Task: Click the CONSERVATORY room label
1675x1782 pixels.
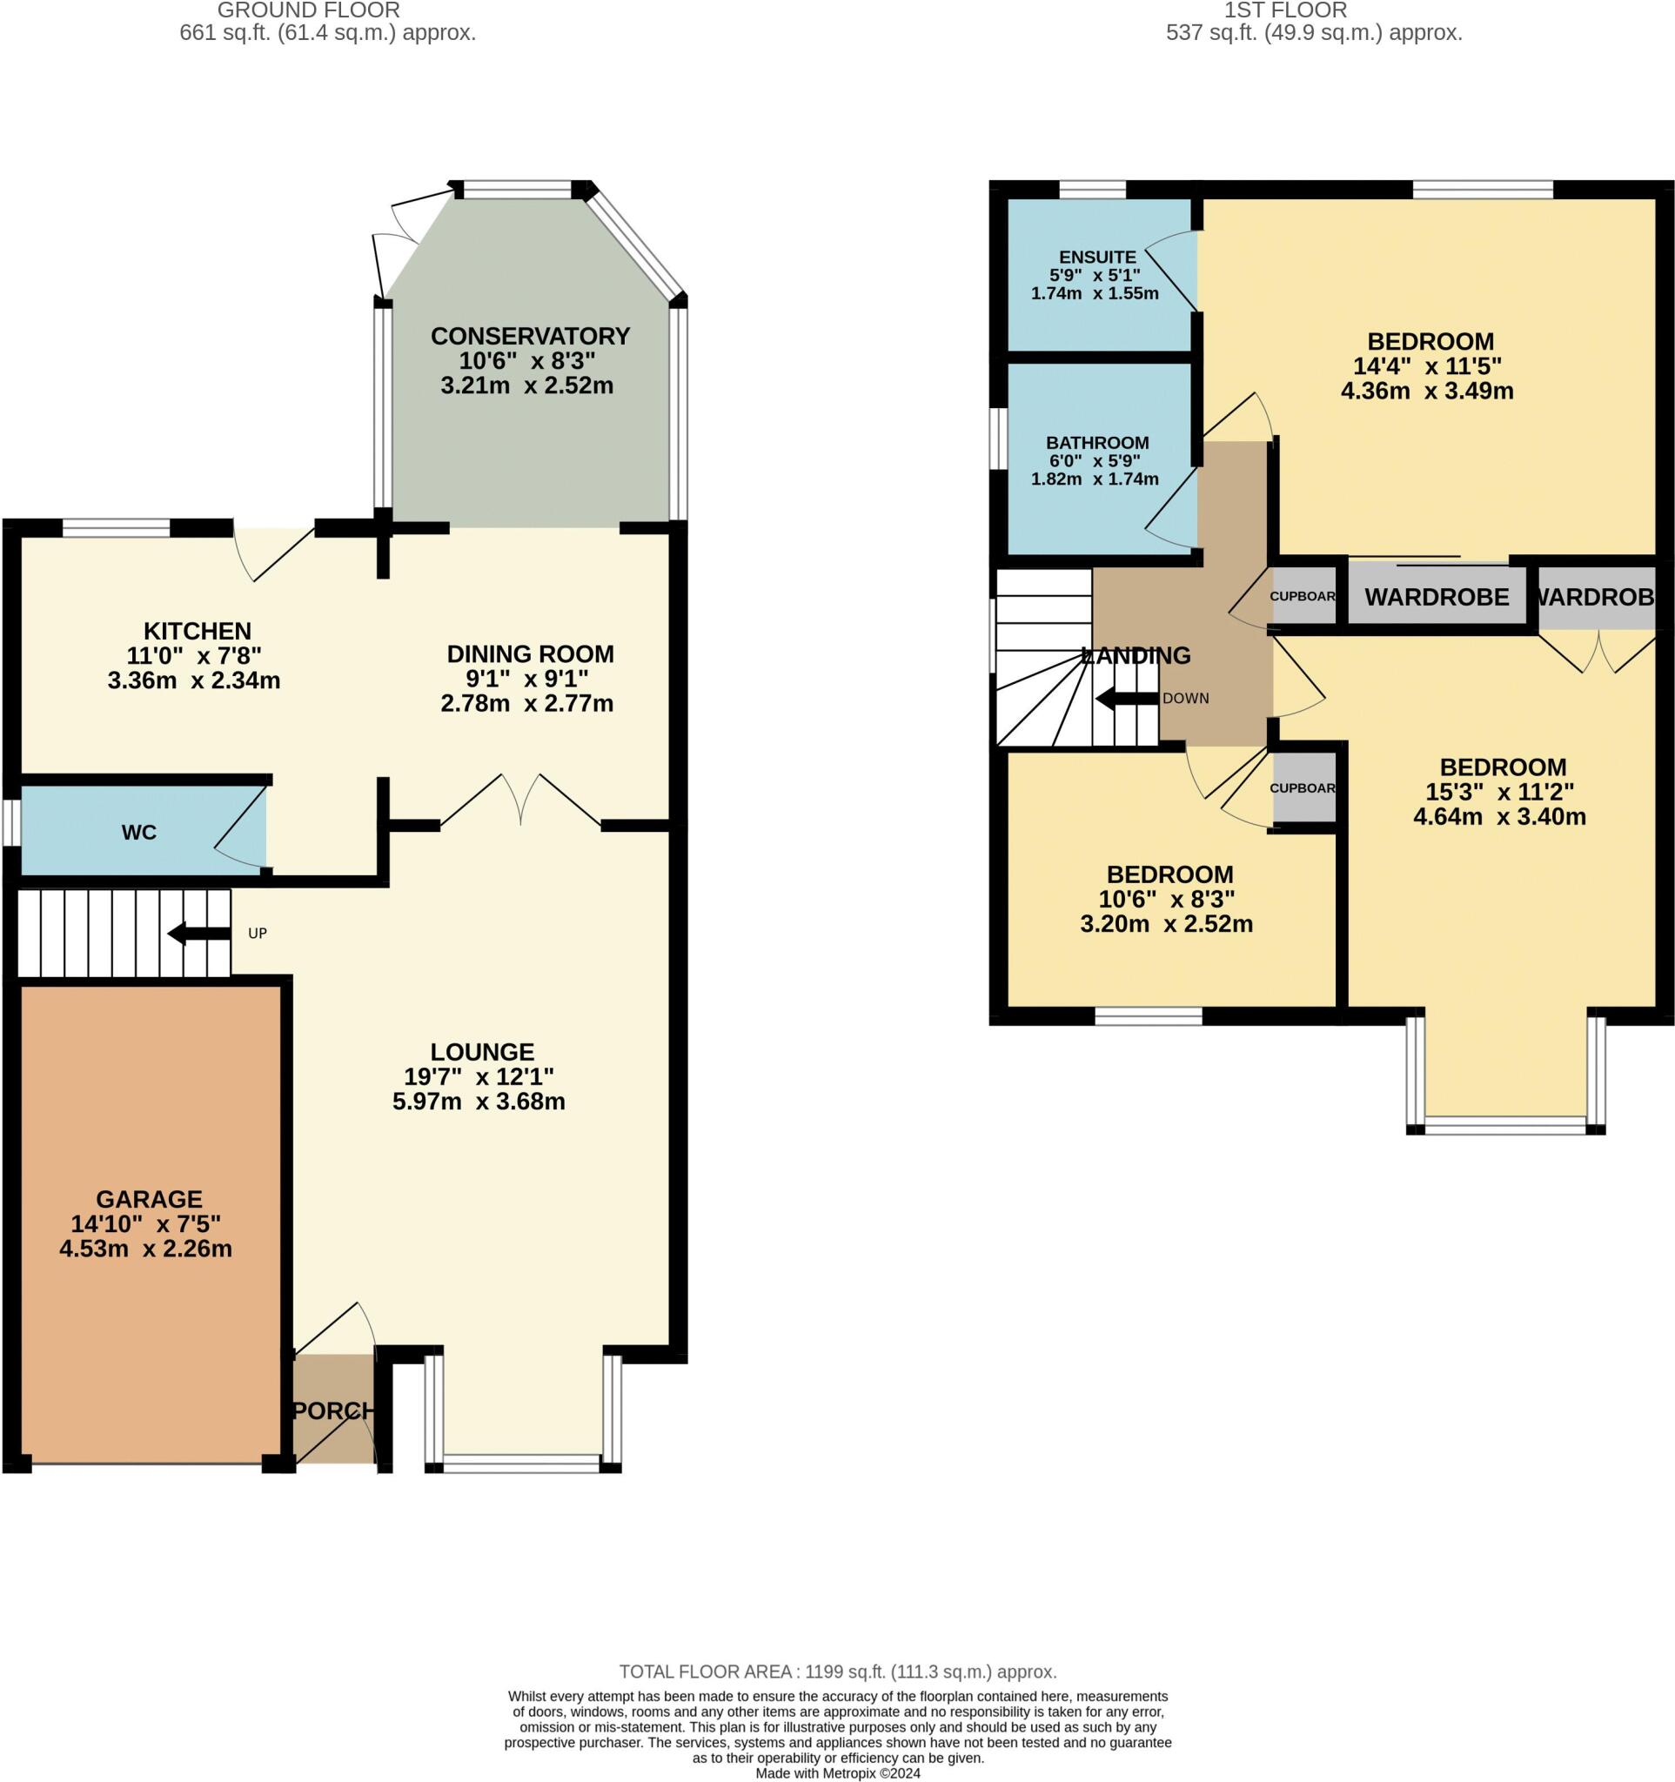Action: pos(530,336)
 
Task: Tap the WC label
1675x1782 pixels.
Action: pos(139,833)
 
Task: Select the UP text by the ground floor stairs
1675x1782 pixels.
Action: pos(258,933)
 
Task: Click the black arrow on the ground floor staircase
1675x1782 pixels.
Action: pos(198,933)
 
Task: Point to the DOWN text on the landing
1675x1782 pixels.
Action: pos(1185,699)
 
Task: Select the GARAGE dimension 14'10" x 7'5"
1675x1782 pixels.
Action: pos(149,1223)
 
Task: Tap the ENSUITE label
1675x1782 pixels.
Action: pos(1097,258)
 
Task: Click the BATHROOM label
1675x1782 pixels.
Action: pos(1097,443)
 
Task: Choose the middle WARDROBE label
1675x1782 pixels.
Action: pos(1437,597)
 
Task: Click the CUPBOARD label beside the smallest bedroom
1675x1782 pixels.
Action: pos(1303,788)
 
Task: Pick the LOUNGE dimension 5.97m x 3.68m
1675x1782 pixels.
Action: pos(479,1102)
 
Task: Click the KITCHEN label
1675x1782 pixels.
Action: pos(198,631)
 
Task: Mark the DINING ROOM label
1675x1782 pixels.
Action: pos(530,654)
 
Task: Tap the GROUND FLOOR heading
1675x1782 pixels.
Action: pos(308,10)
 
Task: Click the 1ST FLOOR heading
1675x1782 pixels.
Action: pos(1285,10)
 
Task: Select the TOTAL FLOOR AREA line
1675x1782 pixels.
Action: pos(837,1671)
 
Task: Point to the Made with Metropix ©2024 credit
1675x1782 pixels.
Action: pos(837,1773)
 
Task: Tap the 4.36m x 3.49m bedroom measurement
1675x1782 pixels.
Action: pos(1427,391)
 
